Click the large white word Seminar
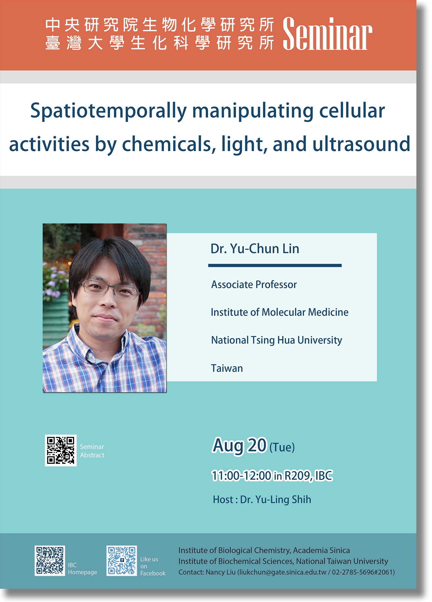click(327, 34)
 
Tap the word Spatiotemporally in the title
click(109, 111)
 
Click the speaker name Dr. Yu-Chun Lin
click(255, 249)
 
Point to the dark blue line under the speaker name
click(275, 265)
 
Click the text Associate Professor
click(254, 285)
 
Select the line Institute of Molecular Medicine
click(280, 312)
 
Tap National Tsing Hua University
click(277, 340)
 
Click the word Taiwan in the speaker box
click(227, 368)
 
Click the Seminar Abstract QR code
click(61, 450)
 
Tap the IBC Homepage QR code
click(50, 561)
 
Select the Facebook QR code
click(122, 561)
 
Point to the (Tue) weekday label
click(282, 447)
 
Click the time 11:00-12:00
click(241, 476)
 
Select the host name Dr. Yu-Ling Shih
click(276, 499)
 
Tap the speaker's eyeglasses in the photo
click(109, 288)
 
